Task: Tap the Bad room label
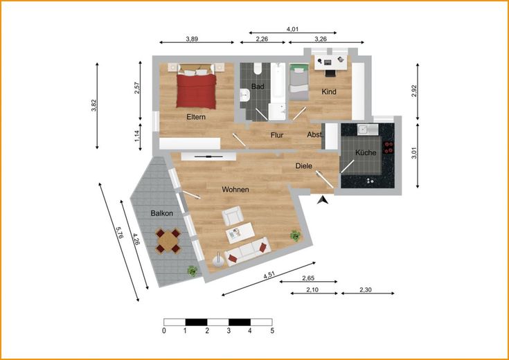click(x=258, y=87)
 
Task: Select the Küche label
click(x=366, y=152)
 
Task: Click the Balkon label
click(x=161, y=213)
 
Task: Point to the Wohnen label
click(x=235, y=189)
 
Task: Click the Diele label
click(x=303, y=166)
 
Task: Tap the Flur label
click(x=277, y=135)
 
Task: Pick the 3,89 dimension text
click(x=192, y=39)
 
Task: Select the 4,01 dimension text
click(x=292, y=29)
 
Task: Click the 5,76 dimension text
click(x=119, y=233)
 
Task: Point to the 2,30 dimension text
click(x=366, y=290)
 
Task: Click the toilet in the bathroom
click(x=258, y=68)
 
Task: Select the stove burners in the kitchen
click(x=389, y=147)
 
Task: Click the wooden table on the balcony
click(x=168, y=241)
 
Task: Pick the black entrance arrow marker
click(x=323, y=200)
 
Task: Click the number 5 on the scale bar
click(x=272, y=331)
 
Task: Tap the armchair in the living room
click(x=233, y=215)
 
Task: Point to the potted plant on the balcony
click(x=193, y=271)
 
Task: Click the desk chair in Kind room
click(x=330, y=73)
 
